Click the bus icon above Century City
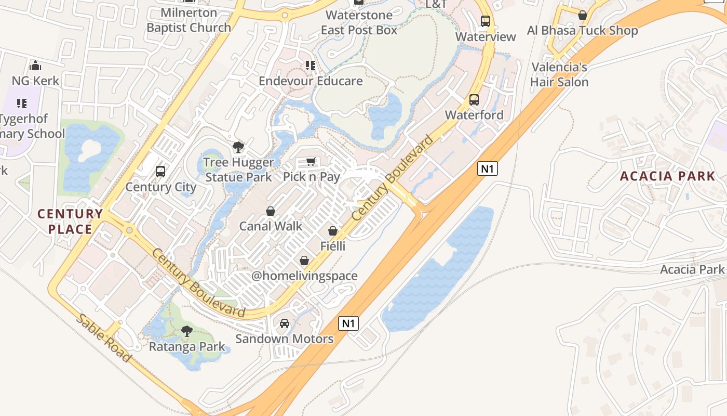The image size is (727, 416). (160, 171)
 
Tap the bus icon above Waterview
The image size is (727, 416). (486, 21)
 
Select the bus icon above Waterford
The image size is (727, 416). (474, 100)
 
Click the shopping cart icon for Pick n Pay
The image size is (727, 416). (311, 161)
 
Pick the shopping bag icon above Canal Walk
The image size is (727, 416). (271, 211)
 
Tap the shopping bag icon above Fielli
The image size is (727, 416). (333, 230)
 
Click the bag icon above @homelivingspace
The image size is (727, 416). (304, 260)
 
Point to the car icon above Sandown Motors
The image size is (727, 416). (285, 323)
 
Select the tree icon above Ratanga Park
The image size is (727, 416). (187, 331)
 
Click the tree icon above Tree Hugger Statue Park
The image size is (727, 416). (238, 147)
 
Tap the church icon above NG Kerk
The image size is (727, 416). (35, 66)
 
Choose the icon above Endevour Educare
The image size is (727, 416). (311, 66)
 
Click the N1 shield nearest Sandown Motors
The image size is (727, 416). (348, 323)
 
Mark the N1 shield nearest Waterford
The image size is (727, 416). (487, 168)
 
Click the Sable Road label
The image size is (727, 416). (104, 338)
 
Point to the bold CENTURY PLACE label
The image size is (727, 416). (70, 222)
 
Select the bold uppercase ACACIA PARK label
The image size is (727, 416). (668, 176)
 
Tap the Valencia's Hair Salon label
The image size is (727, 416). (559, 74)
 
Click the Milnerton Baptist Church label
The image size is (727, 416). (189, 20)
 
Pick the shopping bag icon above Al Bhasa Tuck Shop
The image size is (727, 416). (583, 15)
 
